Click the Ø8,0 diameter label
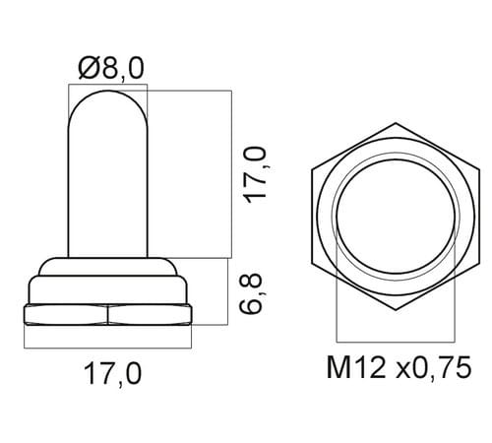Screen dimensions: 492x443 [x=111, y=69]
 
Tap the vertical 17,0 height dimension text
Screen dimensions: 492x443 [x=257, y=175]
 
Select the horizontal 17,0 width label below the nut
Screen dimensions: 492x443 [x=112, y=374]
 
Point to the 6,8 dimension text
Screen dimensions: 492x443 [x=252, y=293]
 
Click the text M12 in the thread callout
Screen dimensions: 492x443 [x=356, y=367]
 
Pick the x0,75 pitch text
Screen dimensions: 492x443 [x=434, y=368]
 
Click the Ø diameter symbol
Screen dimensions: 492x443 [x=90, y=68]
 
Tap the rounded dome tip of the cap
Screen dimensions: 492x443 [x=108, y=93]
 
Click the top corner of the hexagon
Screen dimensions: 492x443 [x=396, y=123]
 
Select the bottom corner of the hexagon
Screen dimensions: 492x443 [x=396, y=309]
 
